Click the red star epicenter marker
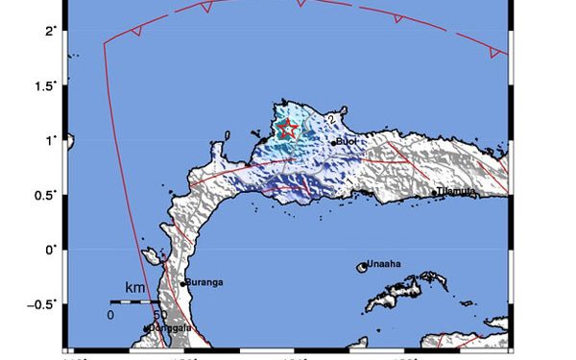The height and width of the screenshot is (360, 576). [x=287, y=129]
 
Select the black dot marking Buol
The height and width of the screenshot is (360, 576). [x=334, y=143]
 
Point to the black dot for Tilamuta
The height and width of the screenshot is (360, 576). [x=435, y=193]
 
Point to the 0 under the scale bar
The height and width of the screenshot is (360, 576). [x=110, y=314]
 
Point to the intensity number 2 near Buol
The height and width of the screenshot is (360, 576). [x=329, y=119]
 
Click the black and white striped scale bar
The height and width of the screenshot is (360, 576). [x=135, y=301]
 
